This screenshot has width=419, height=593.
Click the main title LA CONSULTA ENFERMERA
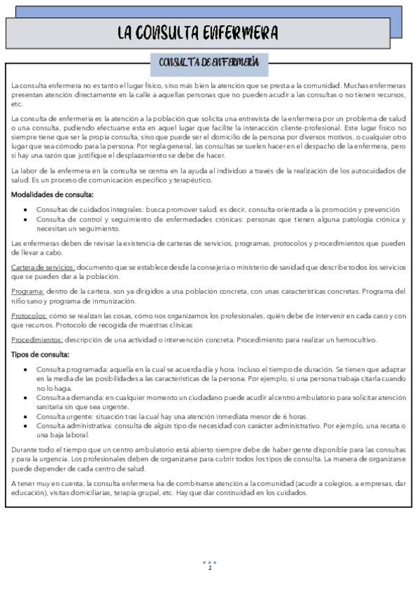(197, 33)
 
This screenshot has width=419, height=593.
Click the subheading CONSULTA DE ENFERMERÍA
(209, 64)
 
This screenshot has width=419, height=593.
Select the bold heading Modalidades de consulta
(52, 195)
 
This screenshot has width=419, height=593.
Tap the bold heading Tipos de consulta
(40, 355)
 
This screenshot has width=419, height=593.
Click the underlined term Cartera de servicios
(43, 268)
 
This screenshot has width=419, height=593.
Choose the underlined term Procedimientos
(37, 340)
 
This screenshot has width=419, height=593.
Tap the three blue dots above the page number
(209, 562)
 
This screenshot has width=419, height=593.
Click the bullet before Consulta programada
(26, 369)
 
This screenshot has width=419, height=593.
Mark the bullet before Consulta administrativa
(26, 426)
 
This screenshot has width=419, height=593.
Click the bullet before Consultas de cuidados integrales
(26, 210)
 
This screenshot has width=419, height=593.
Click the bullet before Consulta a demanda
(26, 398)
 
